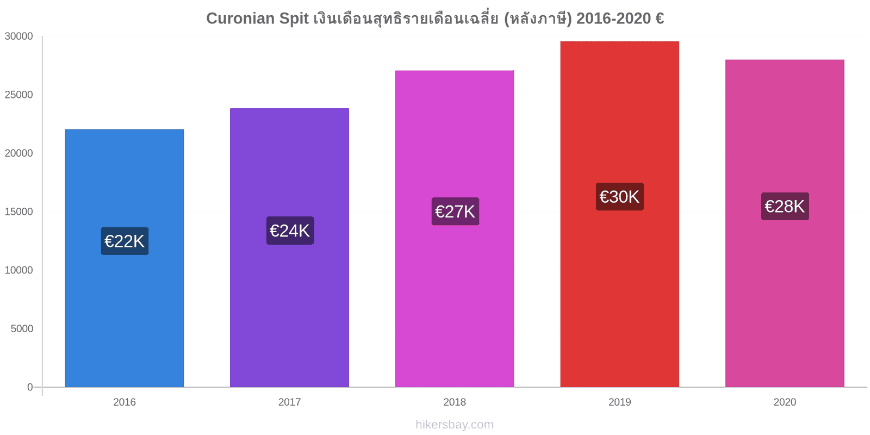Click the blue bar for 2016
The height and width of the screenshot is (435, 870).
[125, 258]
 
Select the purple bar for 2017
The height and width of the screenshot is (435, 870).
[289, 247]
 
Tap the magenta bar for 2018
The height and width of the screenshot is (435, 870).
[455, 229]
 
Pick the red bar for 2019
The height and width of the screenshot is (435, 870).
[619, 214]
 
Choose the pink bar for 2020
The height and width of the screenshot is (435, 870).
[785, 223]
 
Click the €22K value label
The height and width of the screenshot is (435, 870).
[125, 241]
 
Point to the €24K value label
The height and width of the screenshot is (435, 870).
[290, 231]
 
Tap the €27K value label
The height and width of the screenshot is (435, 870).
[455, 212]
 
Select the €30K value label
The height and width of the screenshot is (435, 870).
[620, 196]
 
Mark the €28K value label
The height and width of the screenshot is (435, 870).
[785, 206]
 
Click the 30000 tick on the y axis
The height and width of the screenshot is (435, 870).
[18, 36]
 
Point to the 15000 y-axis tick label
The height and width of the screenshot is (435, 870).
[18, 212]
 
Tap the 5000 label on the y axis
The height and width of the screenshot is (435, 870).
[22, 328]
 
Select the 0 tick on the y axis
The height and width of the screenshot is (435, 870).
[30, 387]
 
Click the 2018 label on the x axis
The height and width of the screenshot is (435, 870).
[455, 402]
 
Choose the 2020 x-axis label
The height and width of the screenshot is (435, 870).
[785, 402]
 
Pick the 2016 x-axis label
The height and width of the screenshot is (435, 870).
[125, 402]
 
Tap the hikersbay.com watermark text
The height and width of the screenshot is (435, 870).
[455, 424]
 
